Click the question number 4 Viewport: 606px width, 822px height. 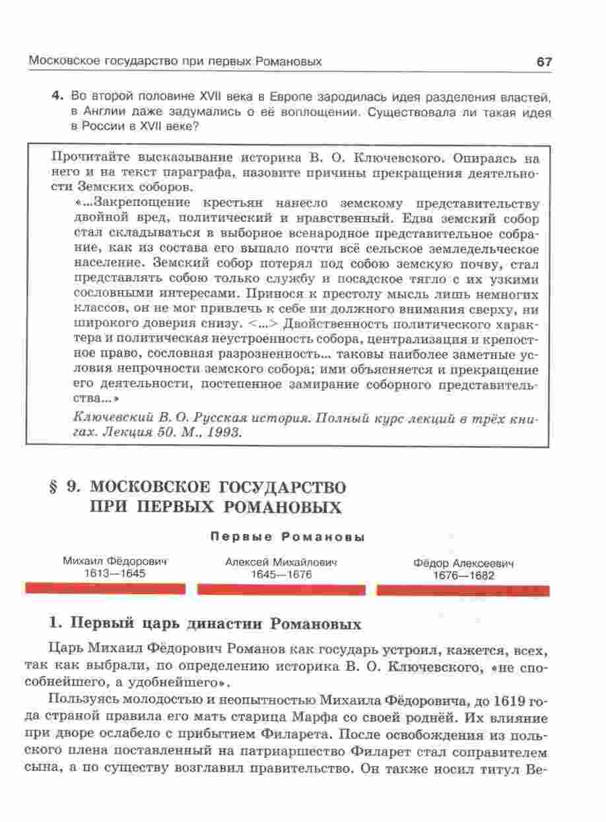coord(57,97)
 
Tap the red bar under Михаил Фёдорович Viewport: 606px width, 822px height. coord(104,588)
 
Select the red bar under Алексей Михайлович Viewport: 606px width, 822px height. coord(281,589)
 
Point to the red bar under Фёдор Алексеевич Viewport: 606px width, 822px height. coord(463,590)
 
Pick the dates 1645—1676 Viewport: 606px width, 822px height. coord(281,574)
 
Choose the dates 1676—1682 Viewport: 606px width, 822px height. coord(463,576)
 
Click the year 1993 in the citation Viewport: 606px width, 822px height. coord(226,433)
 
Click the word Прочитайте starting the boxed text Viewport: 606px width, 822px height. coord(90,158)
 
